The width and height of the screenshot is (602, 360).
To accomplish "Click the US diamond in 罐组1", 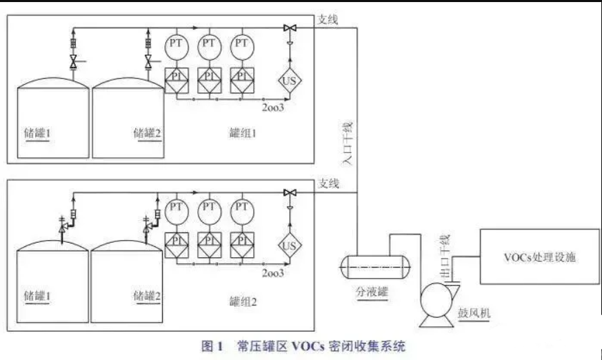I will (289, 81).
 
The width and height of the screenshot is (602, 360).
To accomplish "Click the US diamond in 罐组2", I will (289, 245).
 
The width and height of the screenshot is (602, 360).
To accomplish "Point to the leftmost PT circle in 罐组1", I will (175, 44).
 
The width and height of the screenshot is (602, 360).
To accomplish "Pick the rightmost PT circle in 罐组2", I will (241, 208).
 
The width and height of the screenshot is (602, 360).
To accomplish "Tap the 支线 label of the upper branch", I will (328, 19).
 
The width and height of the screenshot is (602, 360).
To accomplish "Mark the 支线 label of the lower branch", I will (328, 183).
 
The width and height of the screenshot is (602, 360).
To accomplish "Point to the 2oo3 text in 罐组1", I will (273, 107).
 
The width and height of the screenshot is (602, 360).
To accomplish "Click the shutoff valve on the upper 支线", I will (289, 28).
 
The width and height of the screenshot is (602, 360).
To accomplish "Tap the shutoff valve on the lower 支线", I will (289, 192).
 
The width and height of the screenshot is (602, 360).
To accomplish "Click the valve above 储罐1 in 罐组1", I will (73, 63).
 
